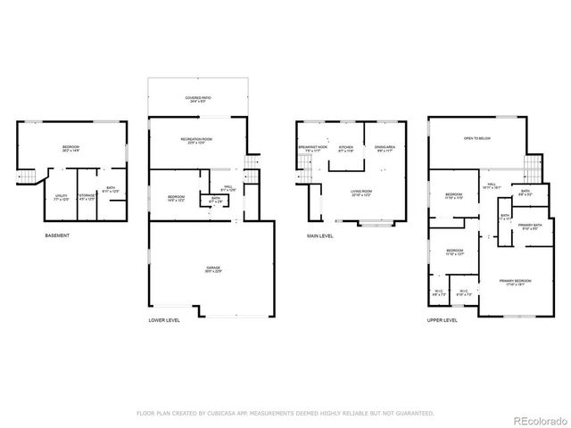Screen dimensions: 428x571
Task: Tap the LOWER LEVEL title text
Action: [x=166, y=319]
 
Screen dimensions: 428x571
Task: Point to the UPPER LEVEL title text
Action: [x=443, y=319]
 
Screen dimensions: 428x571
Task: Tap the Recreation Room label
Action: [x=196, y=142]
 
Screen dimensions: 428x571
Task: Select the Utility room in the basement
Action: [x=61, y=197]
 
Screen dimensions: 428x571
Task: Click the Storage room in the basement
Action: [x=87, y=195]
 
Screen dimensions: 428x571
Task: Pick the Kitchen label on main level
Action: [x=346, y=149]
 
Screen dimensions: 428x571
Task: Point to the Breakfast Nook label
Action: [x=312, y=149]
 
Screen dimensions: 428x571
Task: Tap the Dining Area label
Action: [x=385, y=149]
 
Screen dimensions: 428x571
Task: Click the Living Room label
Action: [x=360, y=193]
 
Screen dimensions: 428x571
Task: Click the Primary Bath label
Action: [x=530, y=227]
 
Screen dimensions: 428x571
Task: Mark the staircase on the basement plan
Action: [x=28, y=177]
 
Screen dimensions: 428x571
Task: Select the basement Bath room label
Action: [x=111, y=190]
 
